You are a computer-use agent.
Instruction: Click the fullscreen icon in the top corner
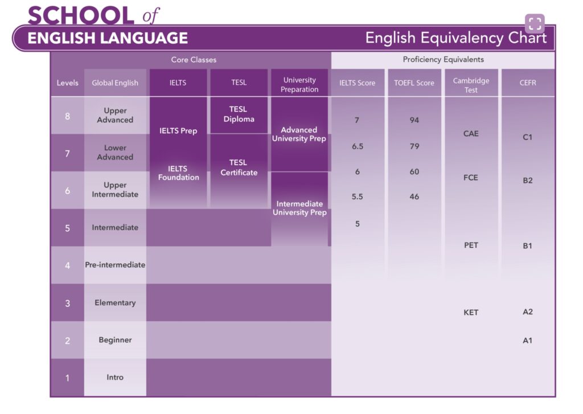[x=535, y=23]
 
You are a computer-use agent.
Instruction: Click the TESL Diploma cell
[x=239, y=114]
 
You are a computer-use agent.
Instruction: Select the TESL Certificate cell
[x=239, y=167]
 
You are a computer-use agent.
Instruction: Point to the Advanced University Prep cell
[x=299, y=134]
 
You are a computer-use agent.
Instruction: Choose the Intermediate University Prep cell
[x=299, y=208]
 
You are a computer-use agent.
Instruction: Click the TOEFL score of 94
[x=414, y=120]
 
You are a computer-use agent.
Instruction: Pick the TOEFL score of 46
[x=414, y=197]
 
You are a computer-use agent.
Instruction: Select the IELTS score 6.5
[x=358, y=146]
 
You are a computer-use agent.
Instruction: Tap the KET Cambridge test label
[x=471, y=313]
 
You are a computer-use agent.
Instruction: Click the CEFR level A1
[x=527, y=341]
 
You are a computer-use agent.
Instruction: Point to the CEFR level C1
[x=527, y=137]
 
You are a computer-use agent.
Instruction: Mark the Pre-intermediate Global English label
[x=115, y=265]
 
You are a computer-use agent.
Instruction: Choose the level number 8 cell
[x=67, y=116]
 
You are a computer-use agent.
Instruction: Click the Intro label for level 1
[x=115, y=377]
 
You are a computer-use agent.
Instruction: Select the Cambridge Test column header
[x=471, y=85]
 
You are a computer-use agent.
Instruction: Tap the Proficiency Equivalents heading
[x=443, y=60]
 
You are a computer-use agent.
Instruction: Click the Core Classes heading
[x=194, y=60]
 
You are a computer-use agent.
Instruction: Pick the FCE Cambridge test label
[x=471, y=178]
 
